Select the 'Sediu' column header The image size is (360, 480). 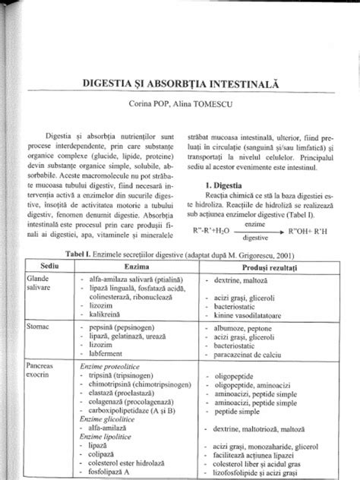tap(49, 269)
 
